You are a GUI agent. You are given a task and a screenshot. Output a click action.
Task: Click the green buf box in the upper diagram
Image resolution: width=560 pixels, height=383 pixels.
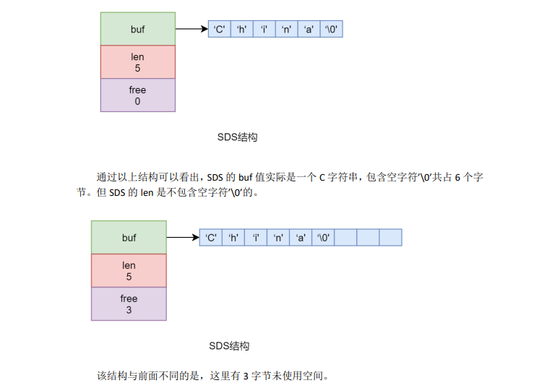pos(137,29)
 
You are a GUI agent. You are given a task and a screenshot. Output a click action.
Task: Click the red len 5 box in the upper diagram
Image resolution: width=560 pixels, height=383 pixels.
pos(137,62)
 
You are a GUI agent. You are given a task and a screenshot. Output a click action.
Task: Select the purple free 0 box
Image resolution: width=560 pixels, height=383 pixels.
pos(137,95)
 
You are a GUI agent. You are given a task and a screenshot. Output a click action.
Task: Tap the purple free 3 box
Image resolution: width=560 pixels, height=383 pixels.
pos(129,304)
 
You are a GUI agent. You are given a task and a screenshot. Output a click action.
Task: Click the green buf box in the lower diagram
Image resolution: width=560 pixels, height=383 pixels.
pos(129,237)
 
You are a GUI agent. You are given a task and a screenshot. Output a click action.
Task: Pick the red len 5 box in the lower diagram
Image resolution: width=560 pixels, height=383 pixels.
pos(129,270)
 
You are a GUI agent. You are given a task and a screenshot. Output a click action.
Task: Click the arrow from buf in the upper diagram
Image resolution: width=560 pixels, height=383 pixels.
pos(191,30)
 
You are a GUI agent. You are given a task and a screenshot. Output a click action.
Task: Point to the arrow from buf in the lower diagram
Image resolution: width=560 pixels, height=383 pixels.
pos(183,237)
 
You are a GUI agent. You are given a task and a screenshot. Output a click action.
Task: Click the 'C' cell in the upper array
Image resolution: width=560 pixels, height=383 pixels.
pos(219,30)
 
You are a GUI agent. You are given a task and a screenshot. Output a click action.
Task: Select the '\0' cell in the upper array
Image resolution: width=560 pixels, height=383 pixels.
pos(331,30)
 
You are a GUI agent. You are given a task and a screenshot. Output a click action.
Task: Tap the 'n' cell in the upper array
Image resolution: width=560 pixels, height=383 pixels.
pos(286,30)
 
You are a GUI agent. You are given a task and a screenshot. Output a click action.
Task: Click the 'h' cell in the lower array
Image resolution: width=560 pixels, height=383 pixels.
pos(233,237)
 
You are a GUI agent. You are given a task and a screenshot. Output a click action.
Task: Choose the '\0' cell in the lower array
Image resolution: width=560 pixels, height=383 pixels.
pos(323,237)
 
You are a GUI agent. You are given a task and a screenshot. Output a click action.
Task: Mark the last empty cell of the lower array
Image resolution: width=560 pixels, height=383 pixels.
pos(390,237)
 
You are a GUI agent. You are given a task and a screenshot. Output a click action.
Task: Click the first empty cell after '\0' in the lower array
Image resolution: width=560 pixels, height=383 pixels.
pos(345,237)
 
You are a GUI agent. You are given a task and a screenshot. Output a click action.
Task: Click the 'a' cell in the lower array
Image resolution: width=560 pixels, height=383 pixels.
pos(301,237)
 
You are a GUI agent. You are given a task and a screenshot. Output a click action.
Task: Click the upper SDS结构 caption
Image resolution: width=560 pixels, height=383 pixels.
pos(237,137)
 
